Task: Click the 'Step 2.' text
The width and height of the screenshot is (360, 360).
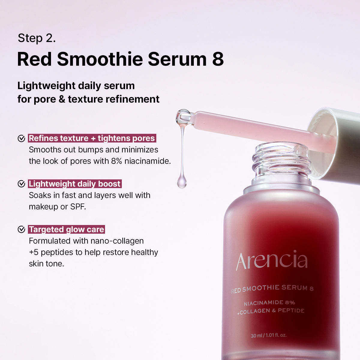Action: [x=37, y=38]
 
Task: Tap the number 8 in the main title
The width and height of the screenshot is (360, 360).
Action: [x=218, y=59]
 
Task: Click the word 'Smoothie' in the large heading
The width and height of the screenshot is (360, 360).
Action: [x=100, y=59]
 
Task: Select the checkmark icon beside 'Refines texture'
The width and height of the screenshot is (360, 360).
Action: [x=21, y=138]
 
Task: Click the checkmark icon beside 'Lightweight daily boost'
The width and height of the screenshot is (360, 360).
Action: [x=21, y=184]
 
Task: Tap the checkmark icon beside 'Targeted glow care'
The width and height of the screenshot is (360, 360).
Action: [x=21, y=229]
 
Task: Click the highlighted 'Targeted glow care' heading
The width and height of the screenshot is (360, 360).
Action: [x=66, y=229]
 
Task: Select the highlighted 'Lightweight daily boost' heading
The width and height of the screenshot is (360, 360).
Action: [x=75, y=184]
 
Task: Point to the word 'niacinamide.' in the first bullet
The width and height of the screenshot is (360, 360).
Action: [x=148, y=161]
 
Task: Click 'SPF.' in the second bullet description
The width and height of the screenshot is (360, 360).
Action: [x=78, y=207]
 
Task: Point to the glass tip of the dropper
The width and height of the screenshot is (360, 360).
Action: [x=184, y=117]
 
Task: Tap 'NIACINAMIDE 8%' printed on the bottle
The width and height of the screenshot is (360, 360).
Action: [x=269, y=303]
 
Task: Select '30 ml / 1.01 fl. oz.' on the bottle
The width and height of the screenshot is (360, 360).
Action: [x=268, y=335]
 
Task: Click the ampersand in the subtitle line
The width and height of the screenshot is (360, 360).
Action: [x=62, y=99]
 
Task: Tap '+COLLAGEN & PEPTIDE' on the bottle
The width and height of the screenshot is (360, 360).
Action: [x=271, y=311]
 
